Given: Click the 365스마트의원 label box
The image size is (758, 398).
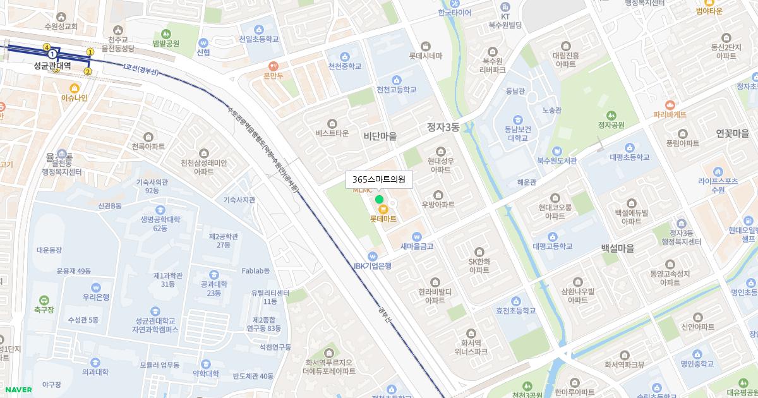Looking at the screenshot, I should (379, 179).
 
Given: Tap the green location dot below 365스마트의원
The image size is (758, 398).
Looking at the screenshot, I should (379, 200).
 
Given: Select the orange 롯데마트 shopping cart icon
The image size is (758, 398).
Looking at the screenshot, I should (383, 209).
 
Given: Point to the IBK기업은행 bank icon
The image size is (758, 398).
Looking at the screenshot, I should (373, 256).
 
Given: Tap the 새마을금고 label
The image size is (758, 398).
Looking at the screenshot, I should (417, 246).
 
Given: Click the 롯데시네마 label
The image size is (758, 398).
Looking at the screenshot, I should (425, 56).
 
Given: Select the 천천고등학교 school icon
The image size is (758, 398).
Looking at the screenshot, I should (397, 80).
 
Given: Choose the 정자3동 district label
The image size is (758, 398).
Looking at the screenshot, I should (443, 127).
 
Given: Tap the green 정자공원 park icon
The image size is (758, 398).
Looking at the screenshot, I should (611, 115).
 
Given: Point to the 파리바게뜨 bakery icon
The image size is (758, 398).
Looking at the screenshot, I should (670, 105).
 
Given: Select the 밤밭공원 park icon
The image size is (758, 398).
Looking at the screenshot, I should (165, 33).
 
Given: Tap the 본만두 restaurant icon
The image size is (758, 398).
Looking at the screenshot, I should (274, 65).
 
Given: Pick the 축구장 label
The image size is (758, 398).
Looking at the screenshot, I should (44, 310).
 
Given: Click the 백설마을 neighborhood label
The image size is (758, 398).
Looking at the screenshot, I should (617, 249).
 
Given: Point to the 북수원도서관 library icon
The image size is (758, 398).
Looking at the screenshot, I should (557, 151).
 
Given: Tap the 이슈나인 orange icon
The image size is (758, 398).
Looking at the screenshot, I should (75, 88).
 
